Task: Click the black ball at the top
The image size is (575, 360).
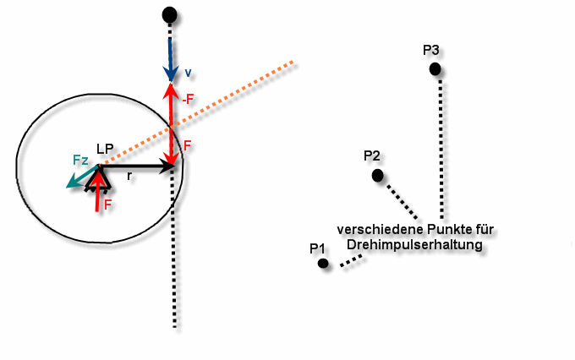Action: (169, 15)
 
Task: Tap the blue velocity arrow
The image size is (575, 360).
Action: (170, 59)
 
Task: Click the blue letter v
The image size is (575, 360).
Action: (188, 73)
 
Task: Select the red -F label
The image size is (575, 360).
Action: (188, 99)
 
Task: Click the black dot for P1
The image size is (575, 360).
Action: (323, 263)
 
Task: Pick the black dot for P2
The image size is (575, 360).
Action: (378, 175)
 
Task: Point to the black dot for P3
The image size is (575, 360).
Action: (435, 68)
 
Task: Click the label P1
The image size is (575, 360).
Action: (318, 248)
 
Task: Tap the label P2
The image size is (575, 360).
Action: (372, 155)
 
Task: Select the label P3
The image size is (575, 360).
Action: (431, 50)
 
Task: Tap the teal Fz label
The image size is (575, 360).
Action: (80, 161)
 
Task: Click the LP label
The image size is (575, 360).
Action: (105, 150)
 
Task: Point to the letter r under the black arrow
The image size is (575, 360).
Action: (129, 177)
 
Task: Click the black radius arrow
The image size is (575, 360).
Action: (136, 166)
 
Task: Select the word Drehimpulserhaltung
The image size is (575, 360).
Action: (414, 244)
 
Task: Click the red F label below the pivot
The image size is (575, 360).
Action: (107, 205)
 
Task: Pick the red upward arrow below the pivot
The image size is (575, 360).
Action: (97, 191)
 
